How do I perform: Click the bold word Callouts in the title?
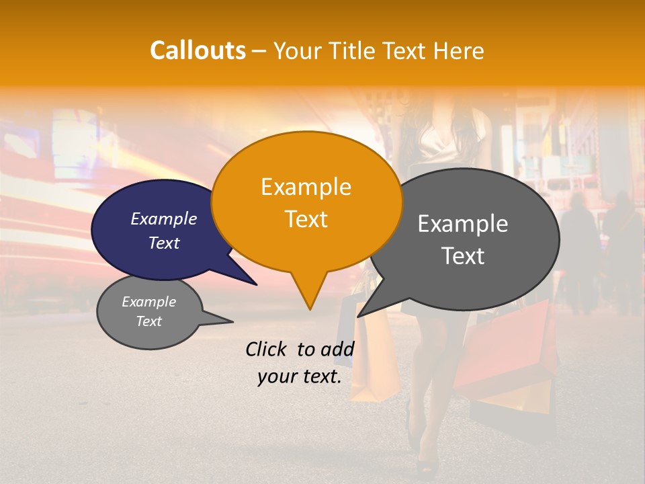(x=198, y=50)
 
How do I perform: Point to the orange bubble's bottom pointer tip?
(x=310, y=309)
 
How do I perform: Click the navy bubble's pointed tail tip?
(x=257, y=285)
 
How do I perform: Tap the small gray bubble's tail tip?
(x=232, y=321)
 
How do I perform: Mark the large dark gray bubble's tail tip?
(x=357, y=317)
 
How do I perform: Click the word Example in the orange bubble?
(x=306, y=186)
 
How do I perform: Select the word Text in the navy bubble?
(x=164, y=243)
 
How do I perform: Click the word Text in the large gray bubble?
(x=464, y=256)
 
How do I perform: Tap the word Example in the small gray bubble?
(x=148, y=302)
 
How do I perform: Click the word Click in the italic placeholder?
(x=266, y=349)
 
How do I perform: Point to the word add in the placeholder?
(x=337, y=349)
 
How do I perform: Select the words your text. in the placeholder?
(x=299, y=376)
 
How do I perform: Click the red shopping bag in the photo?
(x=504, y=350)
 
